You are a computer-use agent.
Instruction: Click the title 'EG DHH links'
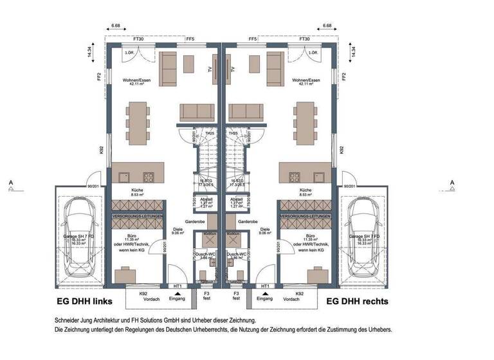coord(83,301)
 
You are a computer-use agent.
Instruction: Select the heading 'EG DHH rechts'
coord(357,300)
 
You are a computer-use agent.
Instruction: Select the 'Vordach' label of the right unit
coord(291,299)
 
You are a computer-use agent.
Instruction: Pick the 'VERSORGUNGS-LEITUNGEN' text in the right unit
coord(306,217)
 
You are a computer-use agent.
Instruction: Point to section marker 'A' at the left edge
coord(12,183)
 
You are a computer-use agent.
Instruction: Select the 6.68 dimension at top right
coord(327,26)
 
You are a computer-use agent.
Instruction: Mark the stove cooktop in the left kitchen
coord(149,177)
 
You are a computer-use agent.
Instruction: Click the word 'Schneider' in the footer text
coord(69,319)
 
